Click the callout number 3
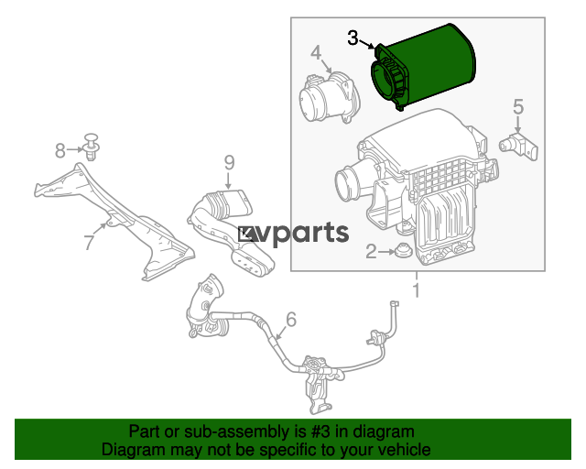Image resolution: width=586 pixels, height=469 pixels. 353,38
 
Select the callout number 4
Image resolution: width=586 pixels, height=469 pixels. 316,53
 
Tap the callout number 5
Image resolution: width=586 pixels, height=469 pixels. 518,106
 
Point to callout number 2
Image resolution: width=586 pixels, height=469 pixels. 371,252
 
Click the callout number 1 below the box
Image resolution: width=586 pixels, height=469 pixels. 417,290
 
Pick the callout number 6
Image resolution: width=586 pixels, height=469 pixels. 291,320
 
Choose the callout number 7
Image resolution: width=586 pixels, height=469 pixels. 89,243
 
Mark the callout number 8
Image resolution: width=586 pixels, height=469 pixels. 60,151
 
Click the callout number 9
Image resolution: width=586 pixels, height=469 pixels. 230,163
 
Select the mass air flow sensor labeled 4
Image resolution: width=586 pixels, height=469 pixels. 330,97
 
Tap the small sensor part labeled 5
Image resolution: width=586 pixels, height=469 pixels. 519,147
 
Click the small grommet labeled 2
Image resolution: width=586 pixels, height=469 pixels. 403,249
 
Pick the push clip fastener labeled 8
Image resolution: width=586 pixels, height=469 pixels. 92,147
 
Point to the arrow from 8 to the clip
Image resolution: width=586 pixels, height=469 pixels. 75,149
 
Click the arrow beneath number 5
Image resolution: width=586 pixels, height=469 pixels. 518,125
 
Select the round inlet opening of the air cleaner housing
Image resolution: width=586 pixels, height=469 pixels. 348,182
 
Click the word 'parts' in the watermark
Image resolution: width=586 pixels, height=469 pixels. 313,234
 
